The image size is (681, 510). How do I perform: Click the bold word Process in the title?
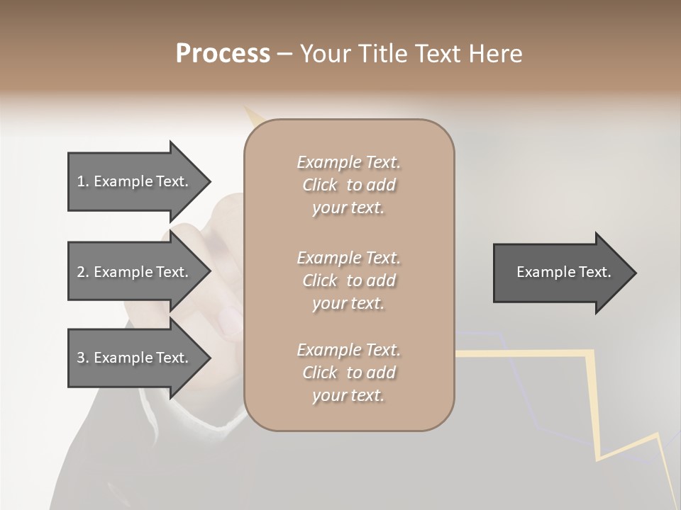click(x=223, y=54)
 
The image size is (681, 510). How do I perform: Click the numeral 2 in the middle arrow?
click(x=81, y=272)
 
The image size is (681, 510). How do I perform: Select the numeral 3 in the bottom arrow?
click(x=81, y=358)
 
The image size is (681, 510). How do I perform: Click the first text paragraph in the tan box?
click(x=348, y=185)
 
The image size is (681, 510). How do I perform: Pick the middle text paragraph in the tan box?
click(x=348, y=280)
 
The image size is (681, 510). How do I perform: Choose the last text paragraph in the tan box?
click(x=348, y=373)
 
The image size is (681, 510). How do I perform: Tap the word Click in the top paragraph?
click(x=320, y=185)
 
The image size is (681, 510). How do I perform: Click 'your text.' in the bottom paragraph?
click(x=348, y=395)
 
